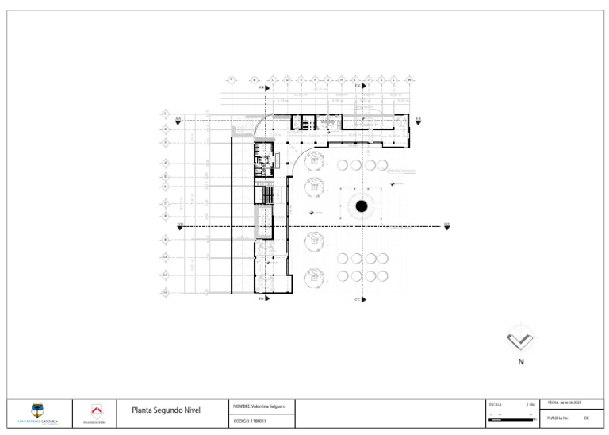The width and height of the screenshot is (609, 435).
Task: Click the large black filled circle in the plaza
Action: [x=362, y=206]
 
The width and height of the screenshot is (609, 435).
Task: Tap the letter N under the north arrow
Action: [x=521, y=362]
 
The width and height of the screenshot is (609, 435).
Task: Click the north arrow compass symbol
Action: [x=520, y=340]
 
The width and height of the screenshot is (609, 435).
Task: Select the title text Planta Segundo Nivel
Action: [x=166, y=410]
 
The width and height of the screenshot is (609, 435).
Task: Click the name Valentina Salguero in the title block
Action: [x=259, y=406]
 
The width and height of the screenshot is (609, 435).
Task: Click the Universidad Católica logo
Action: [x=37, y=412]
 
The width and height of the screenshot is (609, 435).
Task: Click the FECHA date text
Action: [x=565, y=403]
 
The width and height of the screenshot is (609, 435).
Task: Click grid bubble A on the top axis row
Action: [x=232, y=79]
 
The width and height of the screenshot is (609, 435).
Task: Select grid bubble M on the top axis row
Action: [x=409, y=79]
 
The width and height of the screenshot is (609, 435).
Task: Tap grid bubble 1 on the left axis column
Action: [x=165, y=114]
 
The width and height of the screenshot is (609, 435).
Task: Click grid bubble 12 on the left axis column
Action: [x=165, y=293]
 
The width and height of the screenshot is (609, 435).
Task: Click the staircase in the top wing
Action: [x=301, y=122]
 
